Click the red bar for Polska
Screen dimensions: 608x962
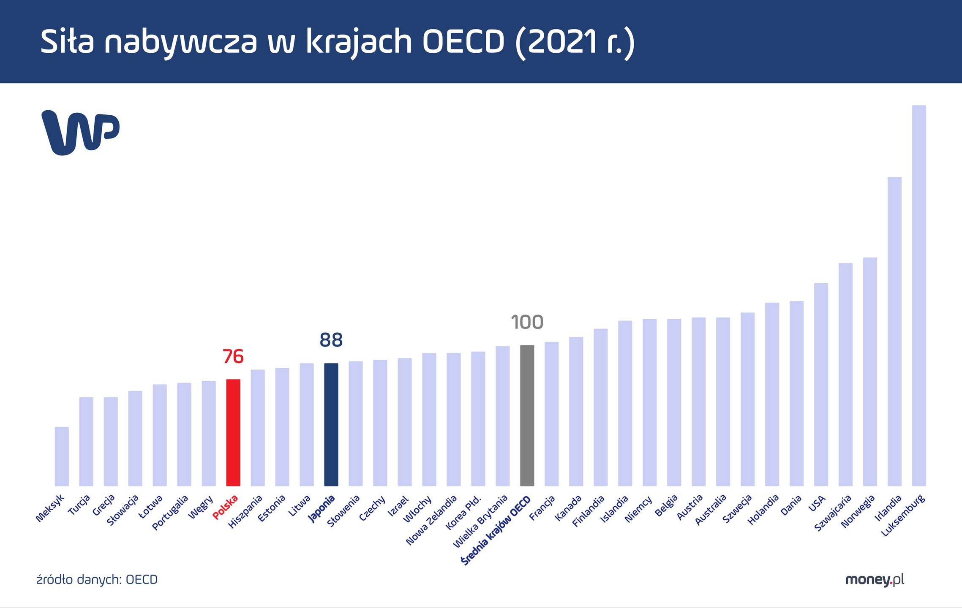click(x=233, y=433)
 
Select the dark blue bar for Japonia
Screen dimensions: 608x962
click(x=331, y=424)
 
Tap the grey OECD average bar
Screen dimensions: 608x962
click(x=527, y=416)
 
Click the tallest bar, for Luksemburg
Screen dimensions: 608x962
click(x=919, y=296)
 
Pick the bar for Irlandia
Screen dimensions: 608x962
click(x=894, y=331)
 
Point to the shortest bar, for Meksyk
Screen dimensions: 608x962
click(x=62, y=456)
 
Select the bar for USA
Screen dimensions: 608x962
click(x=821, y=384)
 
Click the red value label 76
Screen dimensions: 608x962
click(x=233, y=357)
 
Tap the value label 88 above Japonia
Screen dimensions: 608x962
click(x=331, y=340)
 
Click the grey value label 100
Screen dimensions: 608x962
click(x=527, y=322)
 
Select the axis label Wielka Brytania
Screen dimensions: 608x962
click(x=480, y=522)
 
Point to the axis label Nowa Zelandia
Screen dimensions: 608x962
click(x=431, y=520)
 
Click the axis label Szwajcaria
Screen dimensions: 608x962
click(x=833, y=513)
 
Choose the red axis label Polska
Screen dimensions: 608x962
click(x=226, y=507)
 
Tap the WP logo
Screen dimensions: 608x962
click(x=80, y=132)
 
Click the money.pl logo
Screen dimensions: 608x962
click(x=875, y=580)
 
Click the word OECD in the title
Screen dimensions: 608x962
click(x=463, y=42)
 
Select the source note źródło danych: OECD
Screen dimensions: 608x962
click(x=97, y=580)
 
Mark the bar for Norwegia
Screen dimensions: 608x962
click(x=870, y=372)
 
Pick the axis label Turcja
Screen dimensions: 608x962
click(x=79, y=505)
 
